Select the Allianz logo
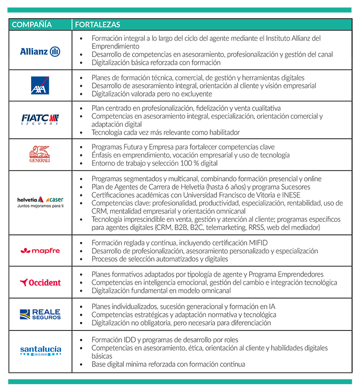40,51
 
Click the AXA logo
40,85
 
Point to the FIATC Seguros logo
40,119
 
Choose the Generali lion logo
40,154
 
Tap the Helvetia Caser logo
40,202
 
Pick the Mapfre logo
40,251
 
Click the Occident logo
40,282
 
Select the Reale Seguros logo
40,314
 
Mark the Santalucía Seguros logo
40,351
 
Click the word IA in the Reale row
271,306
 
